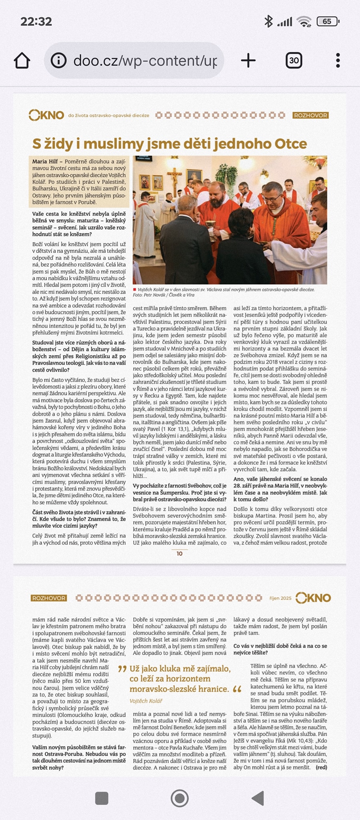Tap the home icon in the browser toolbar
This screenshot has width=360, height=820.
[x=22, y=60]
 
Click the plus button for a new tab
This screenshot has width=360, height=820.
[x=248, y=60]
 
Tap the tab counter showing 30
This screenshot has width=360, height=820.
[x=294, y=60]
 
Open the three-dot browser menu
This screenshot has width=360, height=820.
[x=338, y=60]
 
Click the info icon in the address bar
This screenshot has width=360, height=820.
[x=59, y=60]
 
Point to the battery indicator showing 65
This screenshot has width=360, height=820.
[x=327, y=21]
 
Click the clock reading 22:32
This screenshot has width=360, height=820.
[x=36, y=21]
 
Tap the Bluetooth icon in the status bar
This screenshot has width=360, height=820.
[x=268, y=21]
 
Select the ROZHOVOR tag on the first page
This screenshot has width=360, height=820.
[x=311, y=115]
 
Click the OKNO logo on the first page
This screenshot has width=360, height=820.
[x=46, y=115]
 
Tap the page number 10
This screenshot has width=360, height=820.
[x=179, y=553]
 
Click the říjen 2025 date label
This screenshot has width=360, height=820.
[x=280, y=598]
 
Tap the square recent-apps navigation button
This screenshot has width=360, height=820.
[x=102, y=798]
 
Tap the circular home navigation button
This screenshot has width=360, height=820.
[x=179, y=798]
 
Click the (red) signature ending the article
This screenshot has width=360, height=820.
[x=321, y=767]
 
